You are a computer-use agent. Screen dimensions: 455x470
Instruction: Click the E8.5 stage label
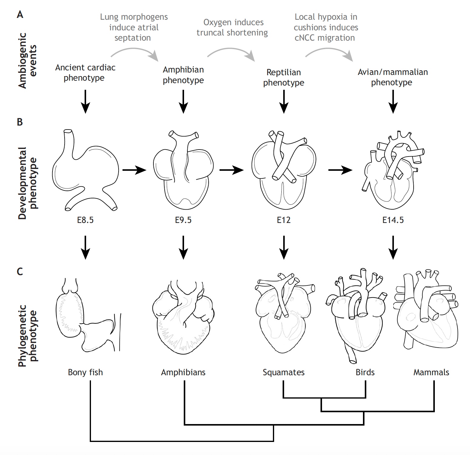pyautogui.click(x=85, y=220)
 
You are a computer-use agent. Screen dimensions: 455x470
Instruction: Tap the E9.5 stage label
pyautogui.click(x=183, y=220)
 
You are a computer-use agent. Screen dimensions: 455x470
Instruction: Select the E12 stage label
pyautogui.click(x=284, y=220)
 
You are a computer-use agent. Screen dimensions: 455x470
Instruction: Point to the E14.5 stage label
pyautogui.click(x=393, y=220)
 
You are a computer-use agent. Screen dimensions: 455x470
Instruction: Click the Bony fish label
pyautogui.click(x=85, y=372)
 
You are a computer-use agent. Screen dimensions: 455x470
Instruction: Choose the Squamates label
pyautogui.click(x=284, y=372)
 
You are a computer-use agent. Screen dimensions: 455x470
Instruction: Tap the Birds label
pyautogui.click(x=365, y=372)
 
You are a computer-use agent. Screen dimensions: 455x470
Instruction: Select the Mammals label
pyautogui.click(x=431, y=372)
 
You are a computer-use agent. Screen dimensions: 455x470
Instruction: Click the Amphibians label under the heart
pyautogui.click(x=183, y=372)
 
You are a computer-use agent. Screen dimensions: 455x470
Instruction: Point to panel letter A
pyautogui.click(x=20, y=15)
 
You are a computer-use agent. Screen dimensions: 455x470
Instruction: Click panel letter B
pyautogui.click(x=20, y=122)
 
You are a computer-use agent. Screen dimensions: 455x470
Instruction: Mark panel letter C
pyautogui.click(x=20, y=271)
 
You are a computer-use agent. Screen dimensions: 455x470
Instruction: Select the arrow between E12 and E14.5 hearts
pyautogui.click(x=340, y=170)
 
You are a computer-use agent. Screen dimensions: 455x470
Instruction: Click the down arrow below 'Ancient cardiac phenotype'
pyautogui.click(x=86, y=101)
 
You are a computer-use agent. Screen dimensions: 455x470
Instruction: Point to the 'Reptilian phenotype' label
pyautogui.click(x=284, y=77)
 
